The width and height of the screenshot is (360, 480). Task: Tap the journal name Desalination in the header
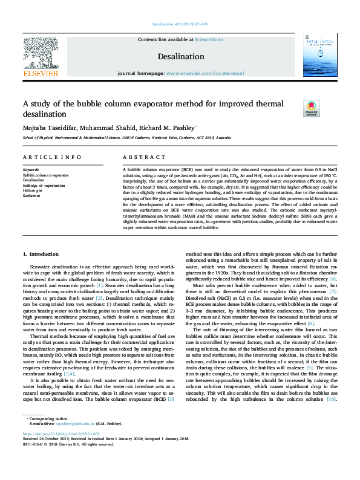pyautogui.click(x=180, y=56)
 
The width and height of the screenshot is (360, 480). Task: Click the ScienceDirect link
pyautogui.click(x=209, y=39)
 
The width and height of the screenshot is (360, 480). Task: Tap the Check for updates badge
pyautogui.click(x=311, y=109)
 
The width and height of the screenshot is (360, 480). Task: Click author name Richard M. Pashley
pyautogui.click(x=163, y=128)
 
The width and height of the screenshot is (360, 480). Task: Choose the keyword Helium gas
pyautogui.click(x=32, y=190)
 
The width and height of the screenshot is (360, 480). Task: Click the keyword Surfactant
pyautogui.click(x=31, y=195)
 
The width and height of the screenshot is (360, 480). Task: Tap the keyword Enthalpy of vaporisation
pyautogui.click(x=44, y=185)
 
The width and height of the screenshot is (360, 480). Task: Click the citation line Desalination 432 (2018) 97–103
pyautogui.click(x=180, y=24)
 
